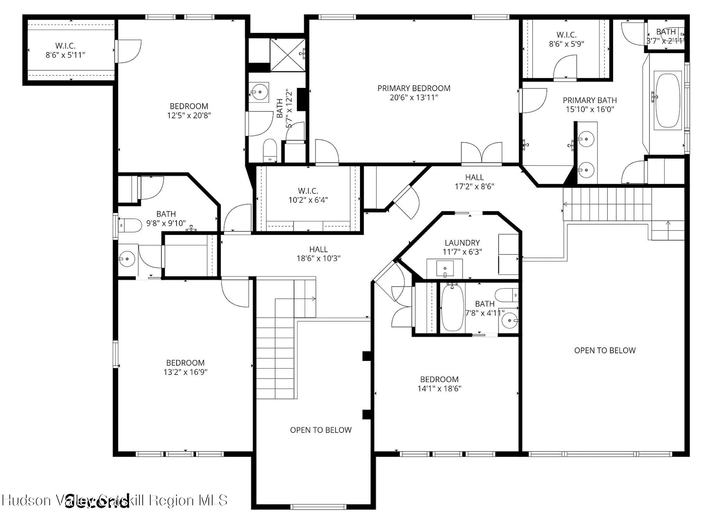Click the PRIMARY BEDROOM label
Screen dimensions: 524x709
coord(414,88)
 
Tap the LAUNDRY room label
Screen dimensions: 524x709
coord(462,243)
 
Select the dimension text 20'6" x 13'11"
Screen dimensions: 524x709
coord(414,98)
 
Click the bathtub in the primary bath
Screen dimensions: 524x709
coord(667,100)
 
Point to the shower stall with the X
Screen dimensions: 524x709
coord(287,55)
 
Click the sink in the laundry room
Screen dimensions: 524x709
coord(445,269)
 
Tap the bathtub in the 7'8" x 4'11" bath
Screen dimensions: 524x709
coord(452,308)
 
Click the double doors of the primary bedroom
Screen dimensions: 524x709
coord(482,152)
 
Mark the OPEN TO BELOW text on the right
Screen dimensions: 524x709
coord(605,350)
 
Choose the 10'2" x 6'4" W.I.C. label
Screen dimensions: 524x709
coord(308,195)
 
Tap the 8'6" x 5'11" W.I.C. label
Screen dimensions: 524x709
coord(65,50)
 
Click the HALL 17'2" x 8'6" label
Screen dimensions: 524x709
coord(474,182)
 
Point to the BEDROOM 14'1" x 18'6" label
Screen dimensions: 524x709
coord(439,384)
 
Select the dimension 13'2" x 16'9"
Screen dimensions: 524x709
coord(185,372)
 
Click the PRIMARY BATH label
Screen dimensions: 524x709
coord(590,100)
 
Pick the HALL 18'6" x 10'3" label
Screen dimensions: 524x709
coord(318,254)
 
